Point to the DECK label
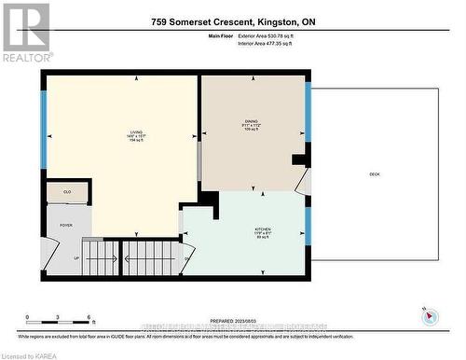pyautogui.click(x=375, y=173)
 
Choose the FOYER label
pyautogui.click(x=66, y=225)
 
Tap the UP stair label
pyautogui.click(x=76, y=258)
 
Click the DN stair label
pyautogui.click(x=187, y=258)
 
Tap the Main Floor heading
pyautogui.click(x=219, y=35)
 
